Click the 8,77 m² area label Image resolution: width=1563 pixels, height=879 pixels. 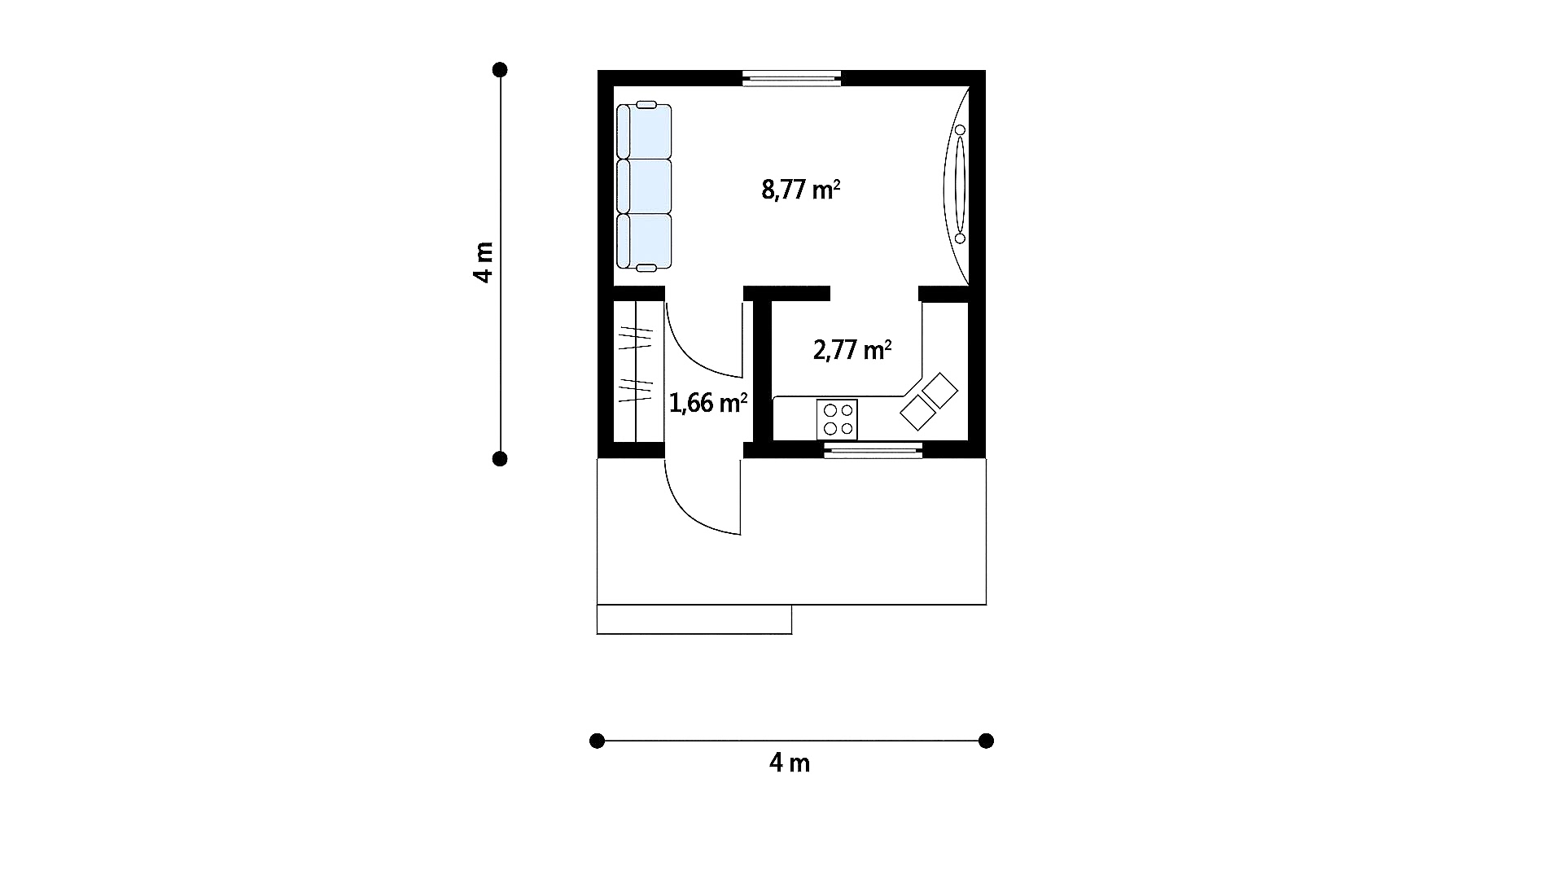tap(801, 190)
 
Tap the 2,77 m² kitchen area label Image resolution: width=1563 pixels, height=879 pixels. tap(852, 350)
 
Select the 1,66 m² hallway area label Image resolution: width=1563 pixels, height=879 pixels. tap(708, 403)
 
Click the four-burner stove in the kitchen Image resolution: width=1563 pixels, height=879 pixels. tap(838, 420)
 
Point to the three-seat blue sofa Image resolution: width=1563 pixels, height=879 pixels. tap(644, 186)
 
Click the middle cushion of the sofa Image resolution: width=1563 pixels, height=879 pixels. tap(646, 186)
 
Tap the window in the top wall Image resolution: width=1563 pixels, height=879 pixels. tap(791, 78)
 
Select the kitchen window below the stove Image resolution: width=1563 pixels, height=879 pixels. tap(873, 451)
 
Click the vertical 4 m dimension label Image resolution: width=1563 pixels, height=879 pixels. tap(483, 262)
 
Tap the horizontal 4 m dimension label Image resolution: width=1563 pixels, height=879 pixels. tap(790, 763)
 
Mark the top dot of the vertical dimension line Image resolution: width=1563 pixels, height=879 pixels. tap(500, 70)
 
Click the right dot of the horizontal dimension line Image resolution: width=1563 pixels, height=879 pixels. tap(986, 741)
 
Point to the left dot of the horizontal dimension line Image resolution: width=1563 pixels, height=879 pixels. tap(597, 741)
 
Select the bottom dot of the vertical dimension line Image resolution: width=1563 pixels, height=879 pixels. tap(500, 459)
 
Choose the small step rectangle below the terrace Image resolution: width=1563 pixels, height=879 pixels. tap(694, 619)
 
